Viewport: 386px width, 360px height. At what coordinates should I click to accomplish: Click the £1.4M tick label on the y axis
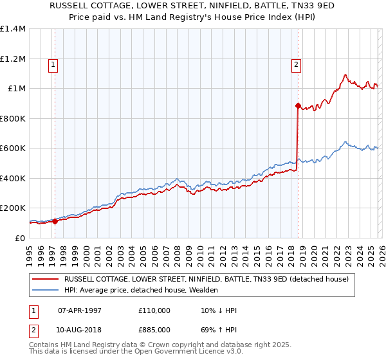click(x=13, y=29)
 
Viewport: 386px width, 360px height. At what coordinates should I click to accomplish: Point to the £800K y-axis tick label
click(x=13, y=118)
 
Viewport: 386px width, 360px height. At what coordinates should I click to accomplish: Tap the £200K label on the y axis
click(x=13, y=208)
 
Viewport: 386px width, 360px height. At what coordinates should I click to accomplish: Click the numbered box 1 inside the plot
click(x=52, y=64)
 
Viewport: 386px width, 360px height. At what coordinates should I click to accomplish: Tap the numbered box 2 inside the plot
click(x=296, y=64)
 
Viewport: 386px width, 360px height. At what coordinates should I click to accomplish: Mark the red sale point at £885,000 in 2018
click(x=298, y=105)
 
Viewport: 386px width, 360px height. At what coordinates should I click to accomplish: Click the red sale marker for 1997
click(x=55, y=222)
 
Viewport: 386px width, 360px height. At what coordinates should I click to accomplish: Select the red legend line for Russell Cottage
click(x=45, y=279)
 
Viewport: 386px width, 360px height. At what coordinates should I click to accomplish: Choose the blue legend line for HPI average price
click(x=45, y=290)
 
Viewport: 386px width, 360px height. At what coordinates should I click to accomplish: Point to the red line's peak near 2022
click(x=345, y=75)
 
